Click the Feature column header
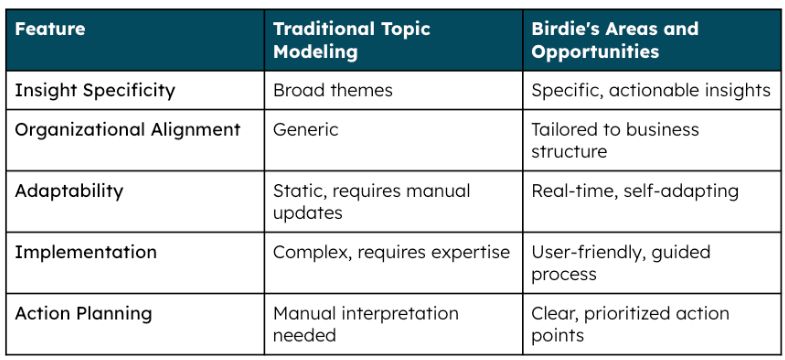(x=49, y=29)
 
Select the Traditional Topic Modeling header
(x=351, y=39)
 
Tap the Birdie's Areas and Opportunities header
(x=614, y=39)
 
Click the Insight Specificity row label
(x=95, y=90)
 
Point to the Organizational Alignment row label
(x=127, y=130)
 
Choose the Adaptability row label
(x=68, y=190)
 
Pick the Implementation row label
(x=85, y=252)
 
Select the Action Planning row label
(x=83, y=313)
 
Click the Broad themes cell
(x=333, y=90)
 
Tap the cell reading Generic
(x=305, y=130)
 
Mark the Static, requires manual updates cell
(x=371, y=201)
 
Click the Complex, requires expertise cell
(x=391, y=252)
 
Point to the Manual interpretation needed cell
(x=365, y=324)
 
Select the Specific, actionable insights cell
(x=651, y=90)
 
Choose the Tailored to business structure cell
(x=615, y=141)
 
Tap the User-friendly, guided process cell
(x=620, y=262)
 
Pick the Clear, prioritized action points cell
(x=630, y=324)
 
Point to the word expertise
(x=473, y=252)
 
